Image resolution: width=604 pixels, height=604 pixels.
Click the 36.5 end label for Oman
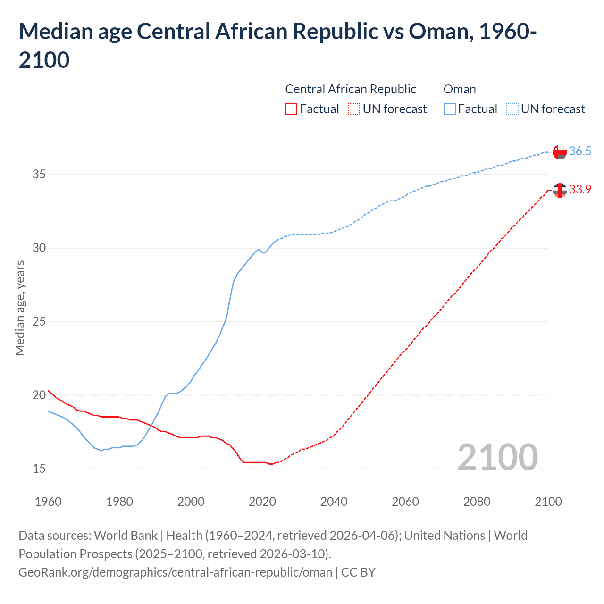click(x=580, y=151)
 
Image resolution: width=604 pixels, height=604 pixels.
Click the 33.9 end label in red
click(x=580, y=190)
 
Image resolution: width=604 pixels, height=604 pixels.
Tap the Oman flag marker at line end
click(x=560, y=152)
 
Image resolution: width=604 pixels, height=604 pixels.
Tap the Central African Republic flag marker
click(x=560, y=190)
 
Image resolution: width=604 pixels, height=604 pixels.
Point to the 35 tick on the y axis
click(x=39, y=175)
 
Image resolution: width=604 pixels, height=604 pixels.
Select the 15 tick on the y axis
click(x=39, y=469)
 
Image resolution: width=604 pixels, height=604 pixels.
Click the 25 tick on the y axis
click(x=39, y=322)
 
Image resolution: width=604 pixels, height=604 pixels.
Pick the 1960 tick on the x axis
click(x=48, y=502)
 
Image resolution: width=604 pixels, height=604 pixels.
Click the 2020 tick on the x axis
click(x=262, y=502)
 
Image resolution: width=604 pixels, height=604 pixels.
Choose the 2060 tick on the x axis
click(x=405, y=502)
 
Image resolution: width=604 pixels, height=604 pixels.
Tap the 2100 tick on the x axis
click(x=548, y=502)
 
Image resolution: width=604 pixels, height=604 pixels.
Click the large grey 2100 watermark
click(x=497, y=457)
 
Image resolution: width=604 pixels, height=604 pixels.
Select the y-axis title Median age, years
click(x=20, y=308)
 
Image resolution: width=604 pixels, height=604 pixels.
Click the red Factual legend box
click(x=291, y=109)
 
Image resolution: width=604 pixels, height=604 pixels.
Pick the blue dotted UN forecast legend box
click(x=512, y=109)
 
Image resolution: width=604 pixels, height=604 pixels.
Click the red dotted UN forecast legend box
click(x=354, y=109)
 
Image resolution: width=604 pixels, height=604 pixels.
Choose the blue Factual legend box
click(x=450, y=109)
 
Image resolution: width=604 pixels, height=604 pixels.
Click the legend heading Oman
click(x=460, y=89)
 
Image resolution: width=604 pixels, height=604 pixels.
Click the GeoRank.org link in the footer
click(x=176, y=572)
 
